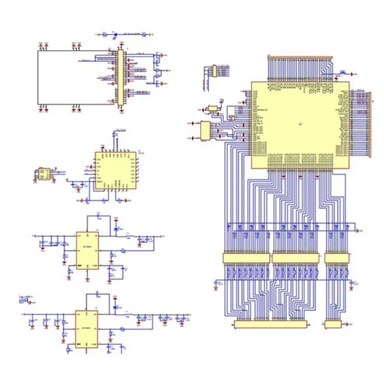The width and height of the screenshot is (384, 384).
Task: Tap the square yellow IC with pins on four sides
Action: click(118, 170)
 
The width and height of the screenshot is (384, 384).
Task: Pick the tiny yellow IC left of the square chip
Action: click(44, 173)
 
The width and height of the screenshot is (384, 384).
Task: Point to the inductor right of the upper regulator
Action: click(129, 237)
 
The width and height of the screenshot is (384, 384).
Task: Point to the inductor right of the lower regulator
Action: click(128, 315)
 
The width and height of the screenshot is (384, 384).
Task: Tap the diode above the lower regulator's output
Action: click(115, 307)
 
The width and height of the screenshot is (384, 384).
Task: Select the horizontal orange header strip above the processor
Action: click(300, 57)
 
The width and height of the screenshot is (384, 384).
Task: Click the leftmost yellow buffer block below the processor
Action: click(246, 258)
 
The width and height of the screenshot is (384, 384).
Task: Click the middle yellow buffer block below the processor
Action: click(295, 258)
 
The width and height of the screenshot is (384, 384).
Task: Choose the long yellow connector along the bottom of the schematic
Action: click(270, 325)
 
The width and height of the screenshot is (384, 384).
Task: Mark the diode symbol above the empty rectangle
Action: click(116, 34)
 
